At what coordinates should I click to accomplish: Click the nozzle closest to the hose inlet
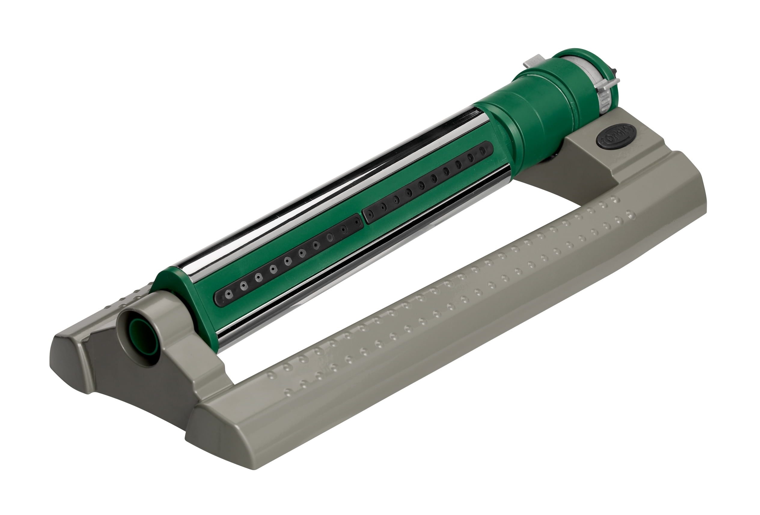click(229, 294)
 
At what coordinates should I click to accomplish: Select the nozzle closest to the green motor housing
click(482, 151)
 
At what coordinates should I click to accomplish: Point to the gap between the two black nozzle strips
click(362, 218)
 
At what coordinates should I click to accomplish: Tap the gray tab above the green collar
click(533, 63)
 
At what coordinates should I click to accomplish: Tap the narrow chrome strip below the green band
click(360, 262)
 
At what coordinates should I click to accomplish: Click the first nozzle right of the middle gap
click(370, 214)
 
